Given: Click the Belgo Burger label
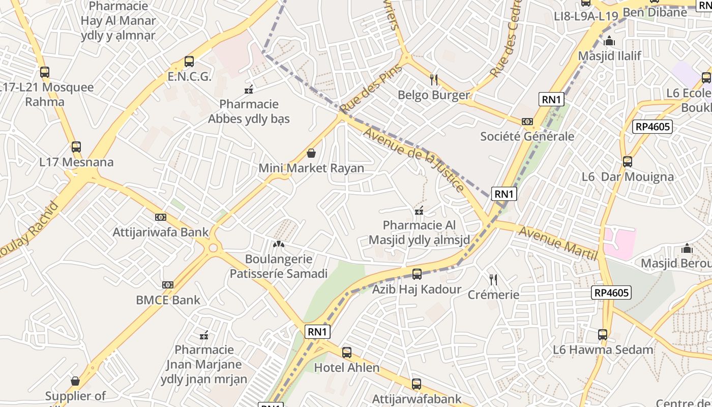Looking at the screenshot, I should (433, 95).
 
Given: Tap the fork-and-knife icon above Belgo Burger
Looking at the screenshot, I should (434, 79).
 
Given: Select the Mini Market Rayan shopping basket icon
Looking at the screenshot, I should (311, 153).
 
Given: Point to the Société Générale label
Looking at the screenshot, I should (527, 136).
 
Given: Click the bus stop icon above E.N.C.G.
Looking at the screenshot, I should (189, 62).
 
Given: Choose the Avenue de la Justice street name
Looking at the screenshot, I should (414, 159).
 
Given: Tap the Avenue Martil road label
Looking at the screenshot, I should (557, 243).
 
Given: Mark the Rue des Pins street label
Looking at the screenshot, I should (371, 90).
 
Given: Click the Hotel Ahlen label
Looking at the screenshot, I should (346, 367).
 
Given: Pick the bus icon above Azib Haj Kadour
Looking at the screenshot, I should (417, 274).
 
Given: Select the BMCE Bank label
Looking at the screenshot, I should (168, 300).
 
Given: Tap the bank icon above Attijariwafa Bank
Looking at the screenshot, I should (161, 217).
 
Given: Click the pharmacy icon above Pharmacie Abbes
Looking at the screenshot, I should (249, 90).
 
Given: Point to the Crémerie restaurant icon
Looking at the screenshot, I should (493, 279).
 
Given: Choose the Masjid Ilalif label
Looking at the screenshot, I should (609, 55).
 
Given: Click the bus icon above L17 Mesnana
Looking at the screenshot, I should (76, 147).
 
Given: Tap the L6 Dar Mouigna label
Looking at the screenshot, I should (627, 177).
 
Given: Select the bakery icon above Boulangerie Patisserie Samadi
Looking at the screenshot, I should (278, 244).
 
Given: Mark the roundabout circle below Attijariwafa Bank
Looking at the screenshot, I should (213, 248).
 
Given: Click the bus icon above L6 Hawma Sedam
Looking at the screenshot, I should (603, 334).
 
